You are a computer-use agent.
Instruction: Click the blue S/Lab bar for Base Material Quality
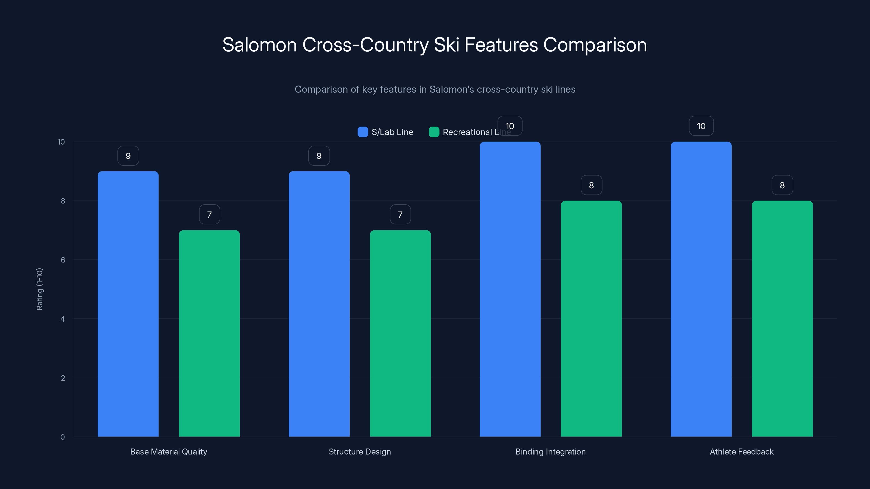click(x=128, y=304)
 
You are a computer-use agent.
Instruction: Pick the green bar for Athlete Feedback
click(x=782, y=319)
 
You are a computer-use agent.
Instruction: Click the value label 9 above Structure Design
click(x=319, y=156)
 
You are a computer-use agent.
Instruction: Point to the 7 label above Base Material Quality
click(x=209, y=214)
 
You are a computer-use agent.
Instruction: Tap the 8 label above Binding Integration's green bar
click(x=591, y=185)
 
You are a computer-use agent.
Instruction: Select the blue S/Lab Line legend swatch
click(x=363, y=132)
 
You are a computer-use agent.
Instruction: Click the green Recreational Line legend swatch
click(x=434, y=132)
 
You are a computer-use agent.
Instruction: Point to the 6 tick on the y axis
click(x=63, y=260)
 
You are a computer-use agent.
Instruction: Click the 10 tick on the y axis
click(x=61, y=142)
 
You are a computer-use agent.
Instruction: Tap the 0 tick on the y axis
click(x=63, y=437)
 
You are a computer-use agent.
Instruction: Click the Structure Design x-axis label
click(x=360, y=452)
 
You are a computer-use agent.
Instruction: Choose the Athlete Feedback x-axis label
click(x=742, y=452)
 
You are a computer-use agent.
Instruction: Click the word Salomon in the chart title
click(x=259, y=45)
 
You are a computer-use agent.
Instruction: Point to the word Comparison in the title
click(x=595, y=45)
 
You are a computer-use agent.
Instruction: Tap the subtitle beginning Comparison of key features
click(x=435, y=89)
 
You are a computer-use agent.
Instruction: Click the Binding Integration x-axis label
click(x=551, y=452)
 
